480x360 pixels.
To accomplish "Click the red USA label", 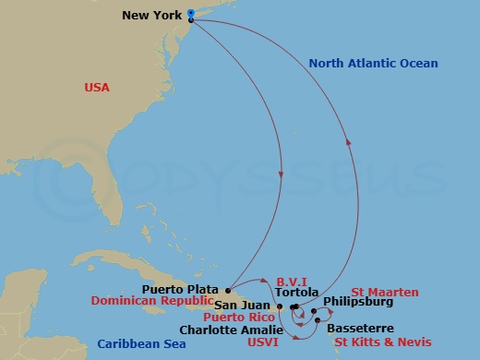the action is pyautogui.click(x=97, y=88).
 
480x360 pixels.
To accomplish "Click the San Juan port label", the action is pyautogui.click(x=243, y=306).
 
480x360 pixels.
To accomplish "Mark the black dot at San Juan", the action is pyautogui.click(x=280, y=306).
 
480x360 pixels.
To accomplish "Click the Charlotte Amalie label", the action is pyautogui.click(x=225, y=330).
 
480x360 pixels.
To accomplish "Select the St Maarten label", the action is pyautogui.click(x=378, y=292).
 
